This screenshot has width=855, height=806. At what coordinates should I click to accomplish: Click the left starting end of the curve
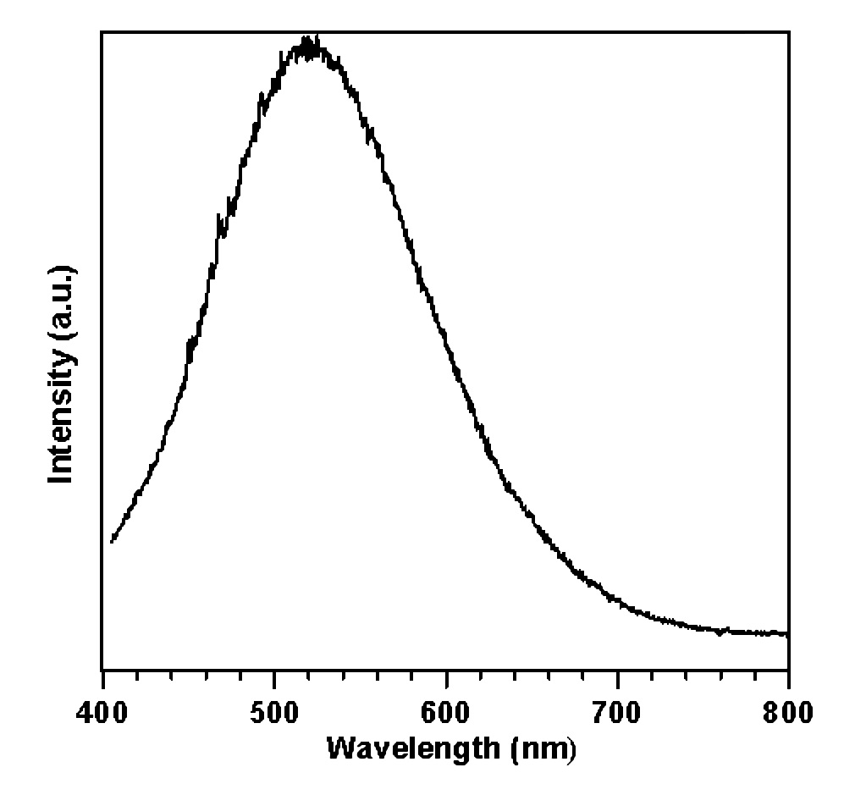click(x=112, y=541)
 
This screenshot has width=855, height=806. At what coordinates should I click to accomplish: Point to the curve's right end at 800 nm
click(x=787, y=633)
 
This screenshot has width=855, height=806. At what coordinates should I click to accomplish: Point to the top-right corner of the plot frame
click(x=789, y=32)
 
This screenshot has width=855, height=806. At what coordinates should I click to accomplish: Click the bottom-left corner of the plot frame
click(x=102, y=669)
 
